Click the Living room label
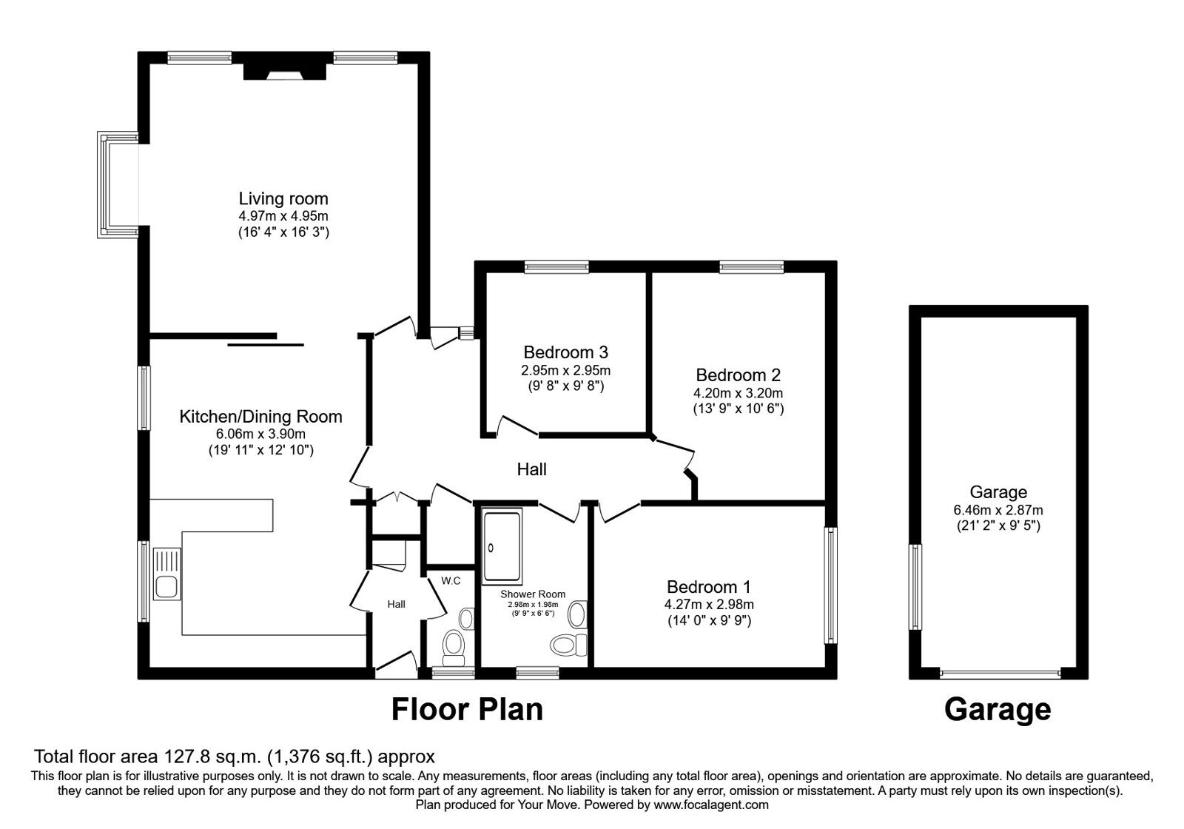tap(283, 198)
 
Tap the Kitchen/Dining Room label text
tap(260, 416)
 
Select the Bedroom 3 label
tap(565, 352)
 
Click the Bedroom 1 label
tap(708, 587)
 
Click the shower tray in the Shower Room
tap(502, 546)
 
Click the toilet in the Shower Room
tap(568, 644)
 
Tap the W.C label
tap(451, 580)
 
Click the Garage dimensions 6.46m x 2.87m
tap(998, 510)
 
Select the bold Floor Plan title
tap(466, 709)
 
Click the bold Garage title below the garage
tap(997, 709)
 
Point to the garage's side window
tap(916, 586)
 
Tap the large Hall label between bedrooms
tap(531, 469)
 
